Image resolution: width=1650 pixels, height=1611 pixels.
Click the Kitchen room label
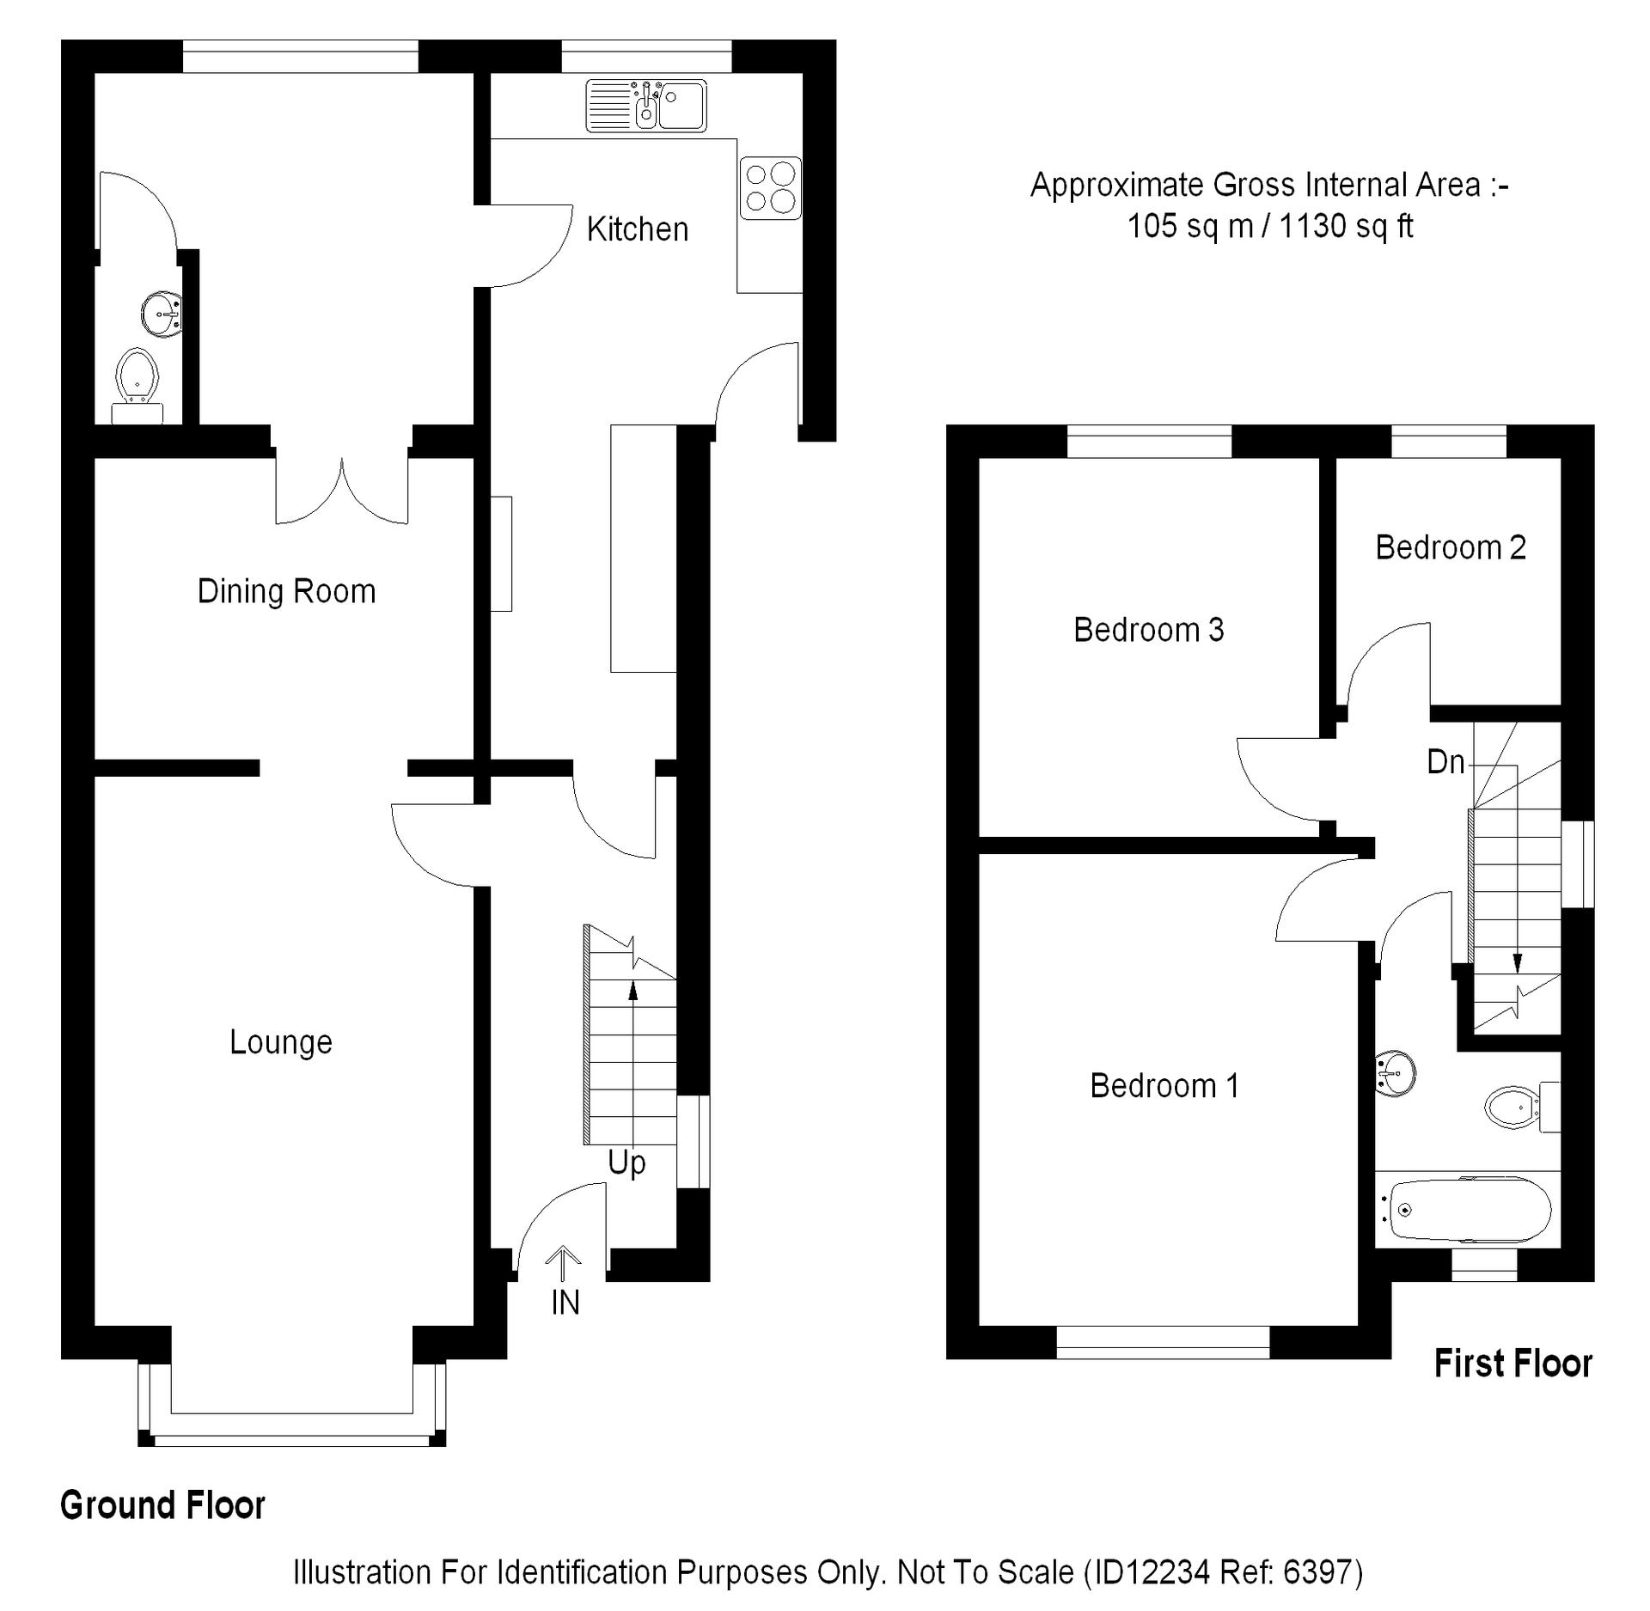pyautogui.click(x=638, y=229)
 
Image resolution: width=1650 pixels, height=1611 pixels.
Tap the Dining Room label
pyautogui.click(x=287, y=591)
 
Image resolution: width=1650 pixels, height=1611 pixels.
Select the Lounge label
pyautogui.click(x=281, y=1042)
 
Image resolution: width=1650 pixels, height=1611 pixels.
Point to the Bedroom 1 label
pyautogui.click(x=1164, y=1086)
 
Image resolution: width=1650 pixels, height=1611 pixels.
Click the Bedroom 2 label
pyautogui.click(x=1451, y=547)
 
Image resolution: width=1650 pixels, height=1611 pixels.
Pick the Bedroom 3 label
pyautogui.click(x=1149, y=630)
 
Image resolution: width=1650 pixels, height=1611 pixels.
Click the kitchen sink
pyautogui.click(x=646, y=106)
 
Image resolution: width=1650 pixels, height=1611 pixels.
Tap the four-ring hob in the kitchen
pyautogui.click(x=771, y=187)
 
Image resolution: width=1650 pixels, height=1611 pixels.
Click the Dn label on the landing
pyautogui.click(x=1445, y=761)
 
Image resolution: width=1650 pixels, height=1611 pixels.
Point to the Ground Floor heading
pyautogui.click(x=163, y=1505)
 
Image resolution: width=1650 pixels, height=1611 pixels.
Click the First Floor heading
pyautogui.click(x=1513, y=1364)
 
